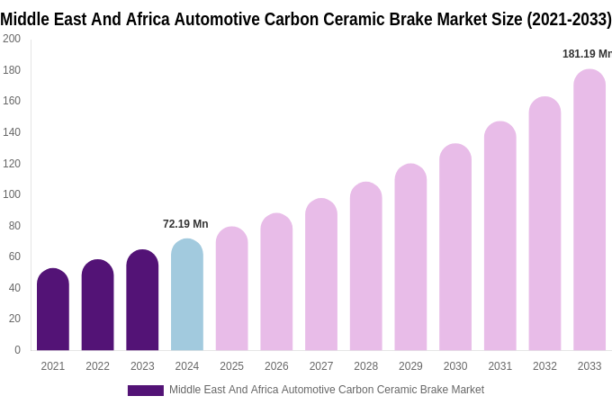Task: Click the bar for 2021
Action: tap(53, 310)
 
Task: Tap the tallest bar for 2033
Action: tap(589, 211)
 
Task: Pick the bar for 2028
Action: tap(366, 266)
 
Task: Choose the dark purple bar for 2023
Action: tap(142, 301)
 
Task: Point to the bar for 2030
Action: tap(455, 247)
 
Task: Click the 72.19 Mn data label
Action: tap(185, 224)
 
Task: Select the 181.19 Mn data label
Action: tap(587, 54)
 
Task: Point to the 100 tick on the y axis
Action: tap(12, 194)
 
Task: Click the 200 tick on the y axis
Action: tap(12, 39)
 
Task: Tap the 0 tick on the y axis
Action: tap(17, 350)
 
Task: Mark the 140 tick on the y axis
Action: tap(12, 132)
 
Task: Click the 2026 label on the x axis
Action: tap(276, 366)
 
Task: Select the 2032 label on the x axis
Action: tap(544, 366)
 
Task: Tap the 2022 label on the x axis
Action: tap(97, 366)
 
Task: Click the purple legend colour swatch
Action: tap(146, 391)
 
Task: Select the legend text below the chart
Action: tap(327, 390)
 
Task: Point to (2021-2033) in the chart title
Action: tap(569, 19)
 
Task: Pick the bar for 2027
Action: tap(321, 274)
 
